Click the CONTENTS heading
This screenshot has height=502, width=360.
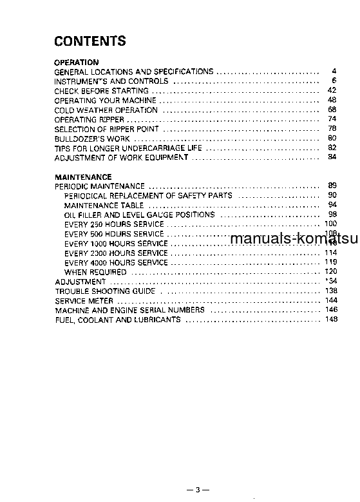(90, 42)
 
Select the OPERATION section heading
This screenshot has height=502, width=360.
(76, 63)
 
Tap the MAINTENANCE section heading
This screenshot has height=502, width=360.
(83, 177)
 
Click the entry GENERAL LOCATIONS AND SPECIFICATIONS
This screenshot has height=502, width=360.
(133, 72)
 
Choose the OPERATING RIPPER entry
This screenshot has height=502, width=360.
(89, 119)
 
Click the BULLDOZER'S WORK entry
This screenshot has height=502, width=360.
(92, 139)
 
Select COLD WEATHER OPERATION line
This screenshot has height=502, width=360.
(106, 110)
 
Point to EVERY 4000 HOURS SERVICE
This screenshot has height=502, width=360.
(116, 262)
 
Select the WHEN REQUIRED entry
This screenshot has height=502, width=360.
(95, 272)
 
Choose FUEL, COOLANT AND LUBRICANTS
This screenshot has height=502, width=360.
(117, 320)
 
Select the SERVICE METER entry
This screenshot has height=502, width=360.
(84, 301)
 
